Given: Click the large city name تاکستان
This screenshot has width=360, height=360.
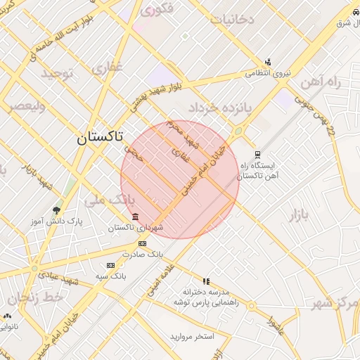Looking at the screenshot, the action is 108,138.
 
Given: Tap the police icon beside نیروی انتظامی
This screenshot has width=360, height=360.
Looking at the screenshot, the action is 267,62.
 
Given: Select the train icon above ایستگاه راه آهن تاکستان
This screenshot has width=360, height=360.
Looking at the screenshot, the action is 258,154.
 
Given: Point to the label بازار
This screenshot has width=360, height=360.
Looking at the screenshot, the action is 299,215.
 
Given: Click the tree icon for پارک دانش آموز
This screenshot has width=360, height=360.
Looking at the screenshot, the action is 56,210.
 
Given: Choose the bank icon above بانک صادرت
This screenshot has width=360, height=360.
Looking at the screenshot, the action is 143,243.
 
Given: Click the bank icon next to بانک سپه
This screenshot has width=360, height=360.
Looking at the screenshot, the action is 110,265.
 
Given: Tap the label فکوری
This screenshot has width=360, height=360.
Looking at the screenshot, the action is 157,11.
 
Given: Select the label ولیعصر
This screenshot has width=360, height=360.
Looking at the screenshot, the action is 26,107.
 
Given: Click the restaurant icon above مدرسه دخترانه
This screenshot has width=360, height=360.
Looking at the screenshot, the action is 206,281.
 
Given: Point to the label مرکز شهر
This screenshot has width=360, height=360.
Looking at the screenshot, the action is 335,303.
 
